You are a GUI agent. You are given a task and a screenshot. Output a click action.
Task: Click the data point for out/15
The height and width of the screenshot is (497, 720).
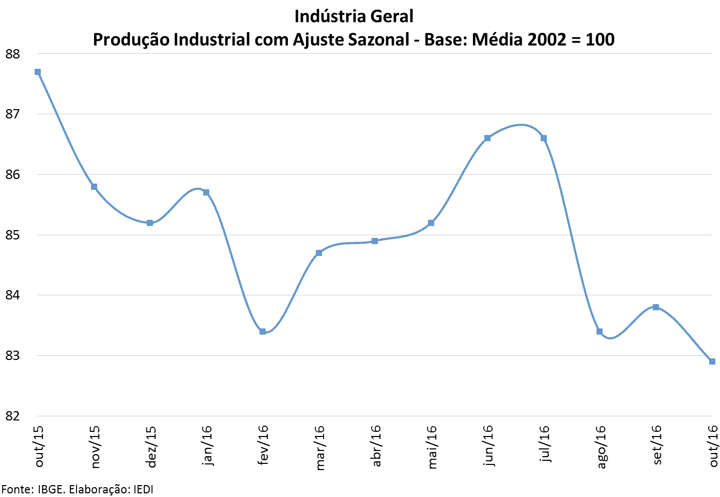[x=38, y=72]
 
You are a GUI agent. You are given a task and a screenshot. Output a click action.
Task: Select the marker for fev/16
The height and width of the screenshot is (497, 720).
[x=263, y=332]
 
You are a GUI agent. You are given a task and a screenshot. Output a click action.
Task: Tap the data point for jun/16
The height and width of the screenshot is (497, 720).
[x=487, y=138]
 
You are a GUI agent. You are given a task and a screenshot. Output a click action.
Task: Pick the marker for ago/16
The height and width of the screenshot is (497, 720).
[x=600, y=332]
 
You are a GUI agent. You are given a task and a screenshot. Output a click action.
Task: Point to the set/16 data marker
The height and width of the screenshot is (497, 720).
[x=656, y=307]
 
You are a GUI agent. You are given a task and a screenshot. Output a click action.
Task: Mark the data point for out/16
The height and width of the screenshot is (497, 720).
[x=712, y=362]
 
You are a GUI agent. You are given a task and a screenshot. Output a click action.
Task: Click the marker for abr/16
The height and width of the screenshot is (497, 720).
[x=375, y=241]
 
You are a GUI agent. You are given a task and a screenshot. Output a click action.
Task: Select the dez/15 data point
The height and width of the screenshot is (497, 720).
[x=150, y=223]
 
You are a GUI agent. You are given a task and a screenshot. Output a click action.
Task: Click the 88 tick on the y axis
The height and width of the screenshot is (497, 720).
[x=12, y=54]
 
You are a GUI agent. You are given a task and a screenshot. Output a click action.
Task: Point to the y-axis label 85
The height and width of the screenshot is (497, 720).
[x=12, y=235]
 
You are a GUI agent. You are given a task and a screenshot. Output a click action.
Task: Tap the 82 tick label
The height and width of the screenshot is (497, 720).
[x=12, y=416]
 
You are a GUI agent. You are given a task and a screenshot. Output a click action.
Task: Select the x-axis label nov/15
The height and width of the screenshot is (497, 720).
[x=95, y=447]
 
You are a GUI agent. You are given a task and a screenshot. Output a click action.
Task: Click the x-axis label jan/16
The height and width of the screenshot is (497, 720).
[x=207, y=445]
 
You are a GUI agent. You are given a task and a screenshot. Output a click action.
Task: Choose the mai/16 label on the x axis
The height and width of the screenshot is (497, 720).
[x=432, y=447]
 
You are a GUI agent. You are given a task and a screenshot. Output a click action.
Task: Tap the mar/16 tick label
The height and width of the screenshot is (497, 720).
[x=320, y=447]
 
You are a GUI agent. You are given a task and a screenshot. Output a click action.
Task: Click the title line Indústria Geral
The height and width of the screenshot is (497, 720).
[x=354, y=17]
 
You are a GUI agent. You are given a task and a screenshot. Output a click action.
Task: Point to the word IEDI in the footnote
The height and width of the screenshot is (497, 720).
[x=143, y=489]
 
